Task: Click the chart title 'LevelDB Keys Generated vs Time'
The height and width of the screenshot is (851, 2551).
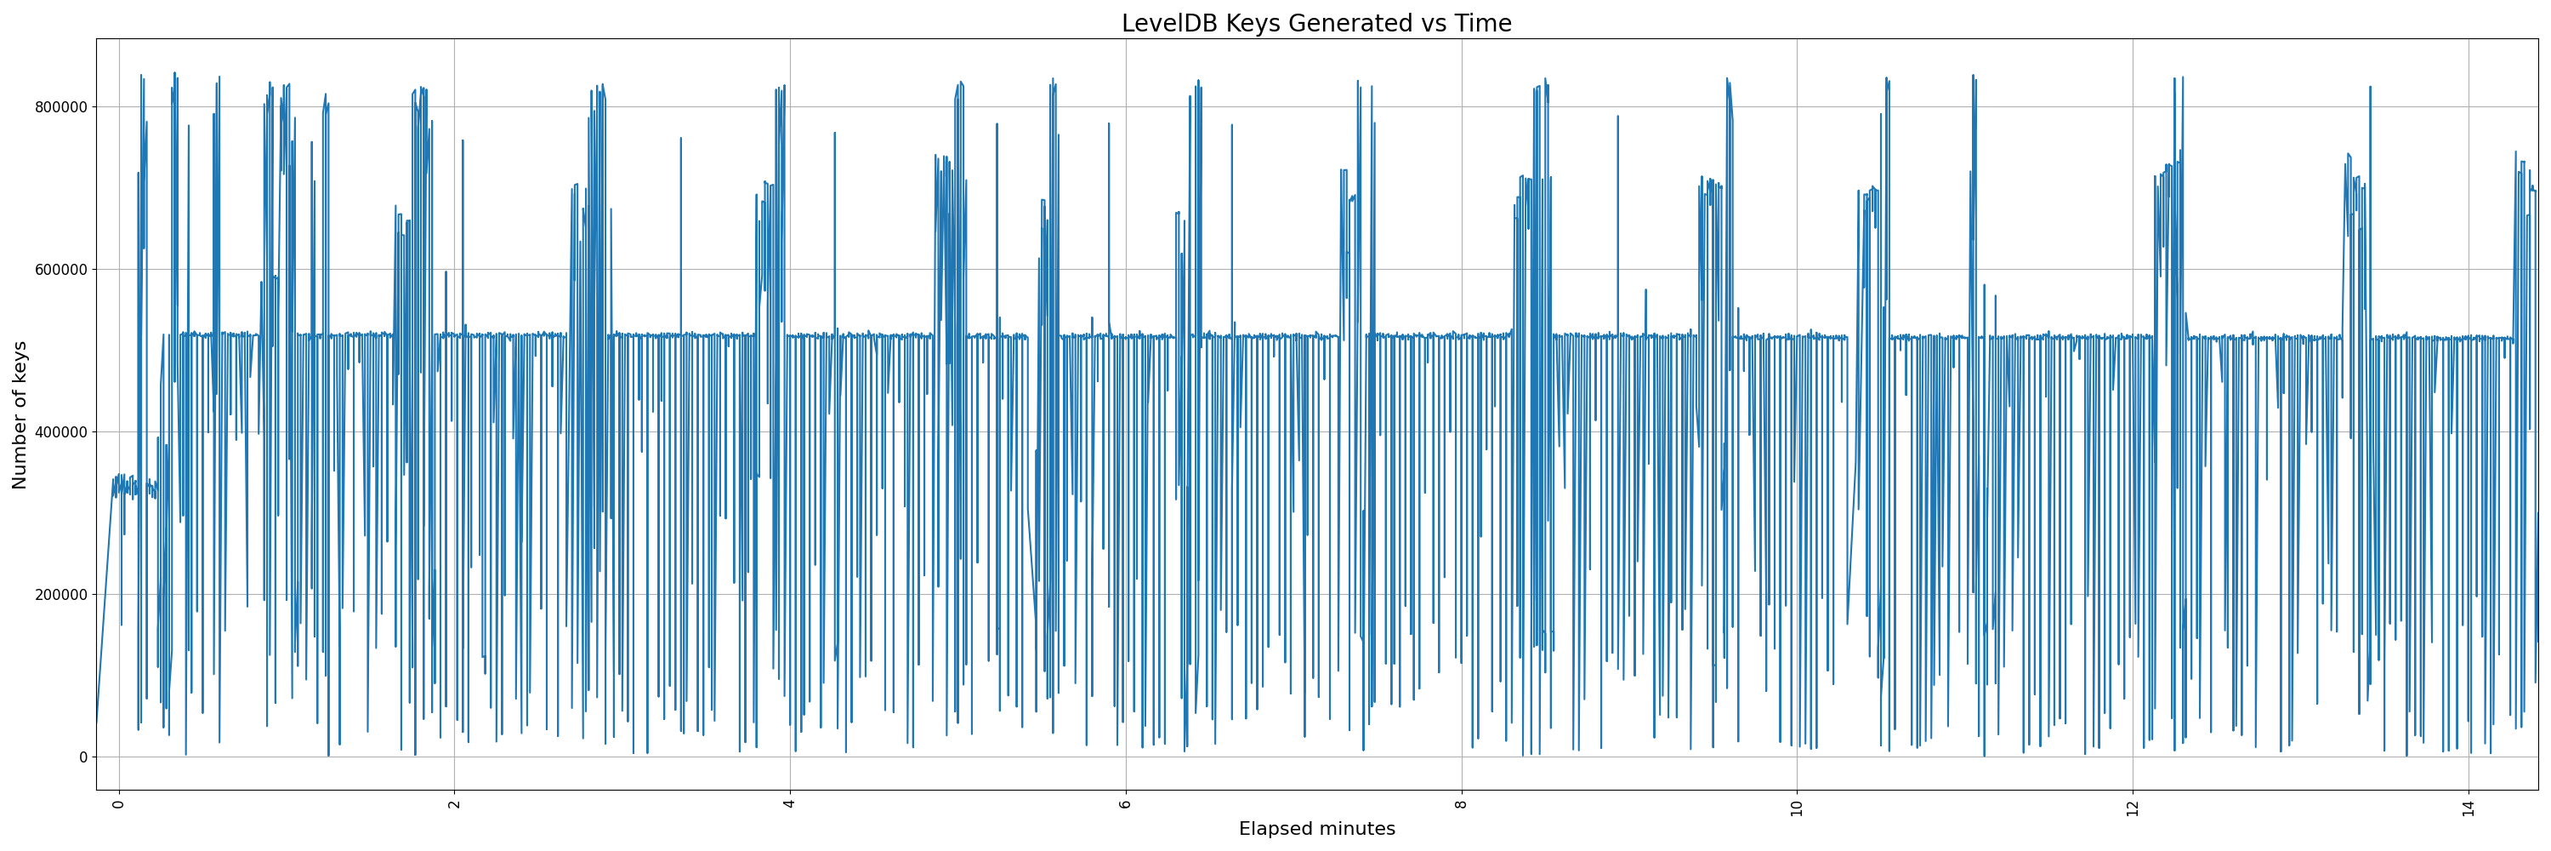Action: pyautogui.click(x=1316, y=23)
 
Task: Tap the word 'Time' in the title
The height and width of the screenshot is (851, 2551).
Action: pyautogui.click(x=1482, y=23)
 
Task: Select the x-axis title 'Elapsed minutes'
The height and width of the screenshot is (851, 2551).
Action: pyautogui.click(x=1316, y=829)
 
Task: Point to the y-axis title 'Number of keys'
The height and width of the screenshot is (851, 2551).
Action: pyautogui.click(x=20, y=415)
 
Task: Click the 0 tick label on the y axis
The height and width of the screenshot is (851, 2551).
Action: pyautogui.click(x=83, y=757)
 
